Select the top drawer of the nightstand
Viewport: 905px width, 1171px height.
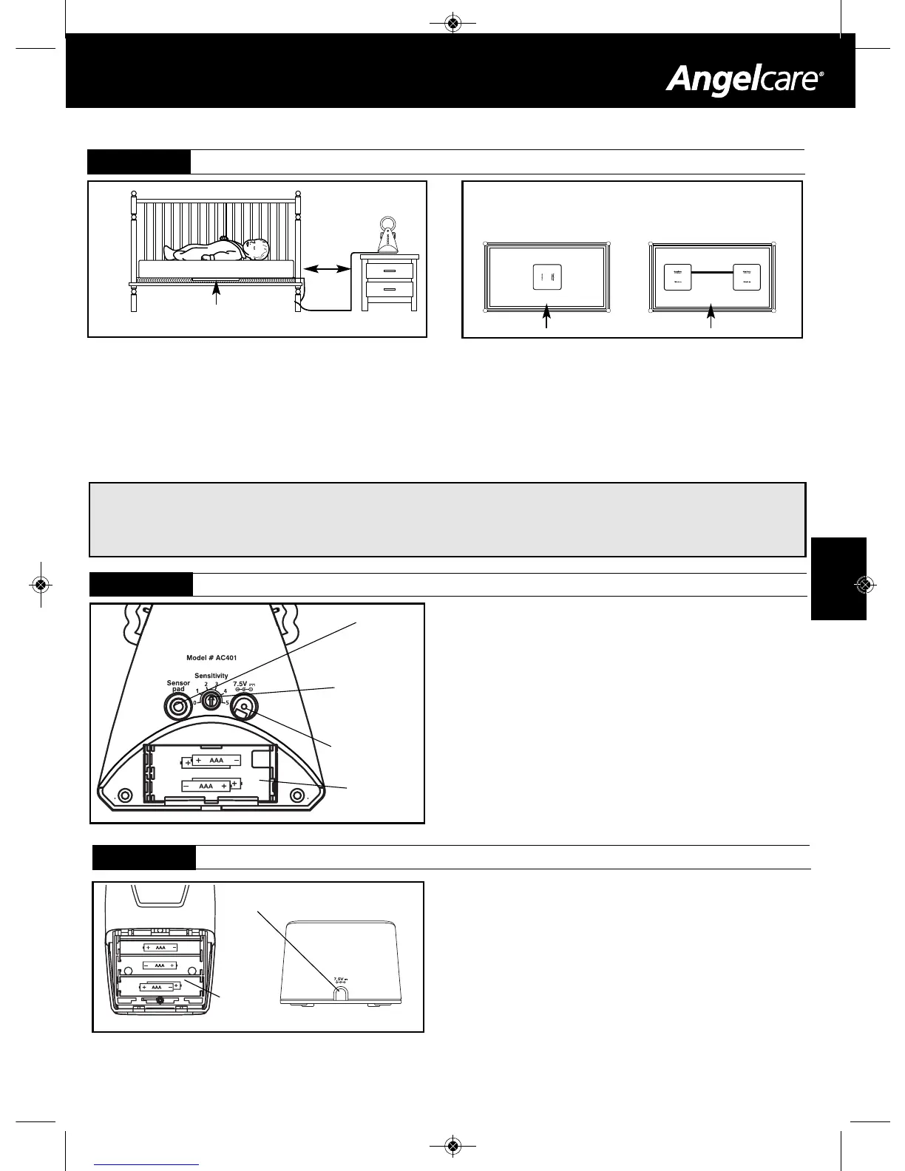[x=389, y=270]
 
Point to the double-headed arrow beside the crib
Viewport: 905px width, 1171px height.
[x=327, y=269]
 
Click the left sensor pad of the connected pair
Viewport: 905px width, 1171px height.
[x=677, y=276]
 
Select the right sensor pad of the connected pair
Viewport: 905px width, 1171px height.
[x=747, y=276]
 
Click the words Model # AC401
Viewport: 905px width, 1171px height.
[x=211, y=658]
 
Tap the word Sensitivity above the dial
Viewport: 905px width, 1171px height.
[x=211, y=676]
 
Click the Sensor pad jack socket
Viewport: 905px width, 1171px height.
[x=177, y=707]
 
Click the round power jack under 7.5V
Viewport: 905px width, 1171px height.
[x=243, y=707]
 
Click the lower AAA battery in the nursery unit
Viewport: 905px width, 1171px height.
[x=206, y=786]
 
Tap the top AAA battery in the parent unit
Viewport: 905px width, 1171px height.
[x=160, y=947]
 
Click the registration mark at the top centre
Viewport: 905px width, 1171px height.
[x=454, y=24]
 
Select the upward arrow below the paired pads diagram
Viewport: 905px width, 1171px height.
[x=711, y=319]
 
